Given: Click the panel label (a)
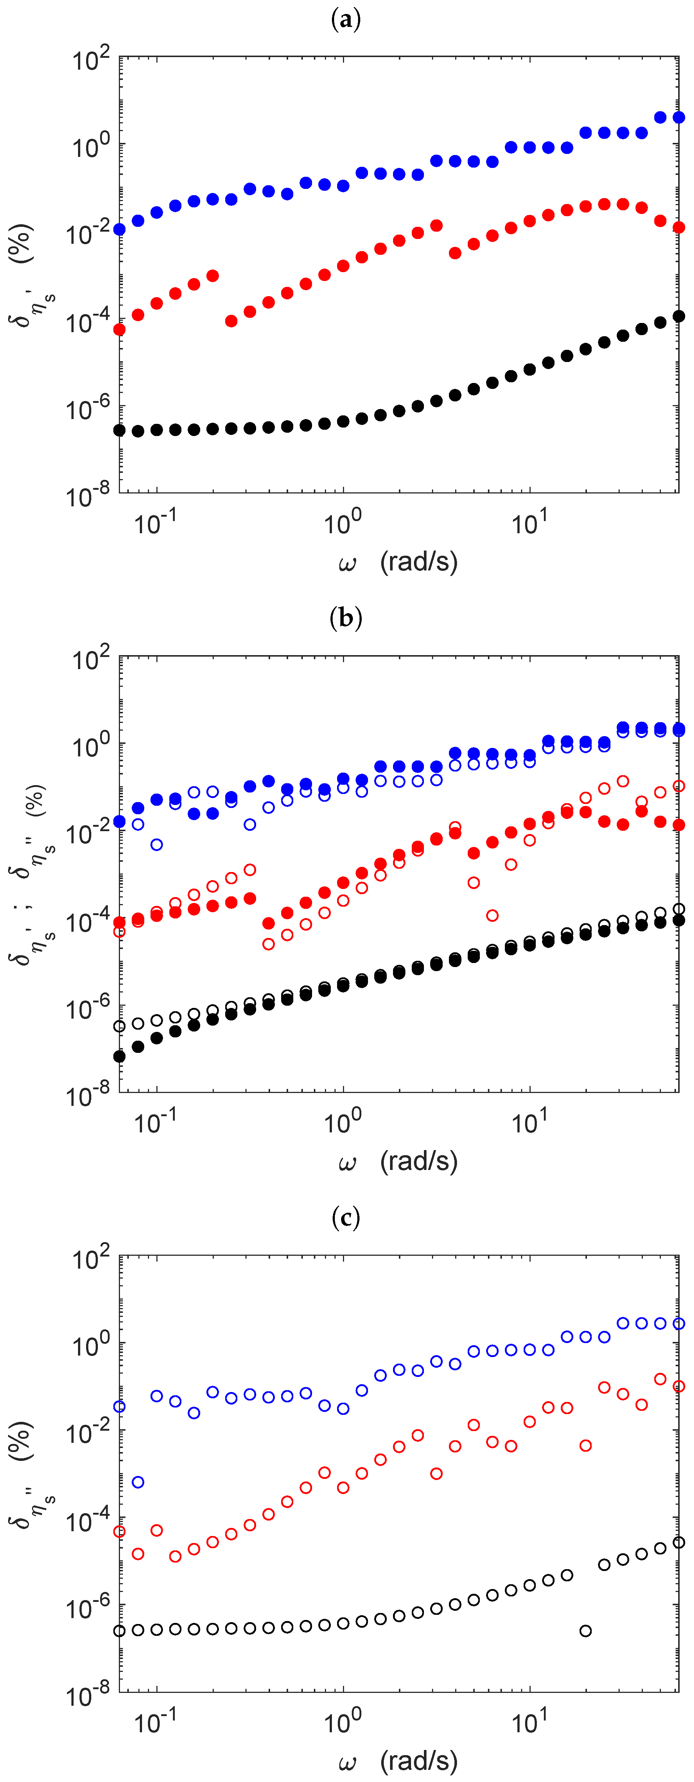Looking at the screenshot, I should [x=346, y=20].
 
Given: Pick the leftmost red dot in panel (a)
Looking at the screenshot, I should [x=120, y=329].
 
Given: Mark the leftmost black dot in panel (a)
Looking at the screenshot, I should [x=120, y=430].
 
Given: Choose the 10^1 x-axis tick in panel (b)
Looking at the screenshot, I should [x=529, y=1122].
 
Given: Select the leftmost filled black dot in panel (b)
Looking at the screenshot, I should [x=120, y=1056].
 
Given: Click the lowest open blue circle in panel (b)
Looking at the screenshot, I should [x=157, y=845].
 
